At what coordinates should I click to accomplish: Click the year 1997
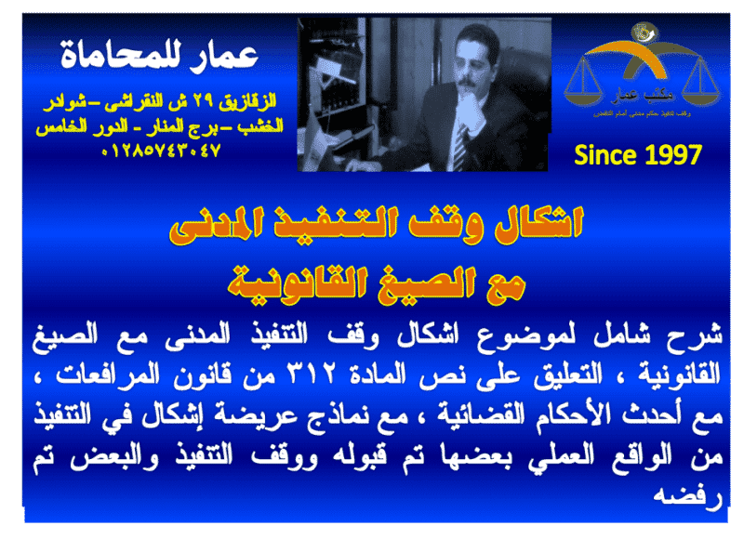pos(666,156)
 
